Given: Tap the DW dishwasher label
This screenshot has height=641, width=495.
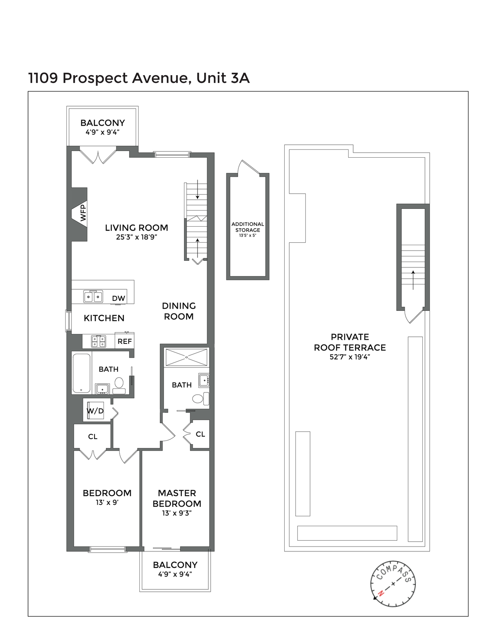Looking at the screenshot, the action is point(118,298).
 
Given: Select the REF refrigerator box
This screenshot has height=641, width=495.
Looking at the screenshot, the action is point(125,341).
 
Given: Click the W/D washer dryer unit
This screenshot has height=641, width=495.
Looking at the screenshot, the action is point(95,411).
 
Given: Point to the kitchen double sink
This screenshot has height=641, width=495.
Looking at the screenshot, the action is point(93,296).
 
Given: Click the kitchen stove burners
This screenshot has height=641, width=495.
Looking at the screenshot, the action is point(99,341).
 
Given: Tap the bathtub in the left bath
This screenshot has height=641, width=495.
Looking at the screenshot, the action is point(81,373).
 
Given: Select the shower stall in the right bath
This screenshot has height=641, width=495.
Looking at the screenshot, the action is point(186,357).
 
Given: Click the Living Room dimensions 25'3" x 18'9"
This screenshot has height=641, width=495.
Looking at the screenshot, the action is point(137,237).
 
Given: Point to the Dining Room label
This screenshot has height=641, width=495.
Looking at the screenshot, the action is point(179,311).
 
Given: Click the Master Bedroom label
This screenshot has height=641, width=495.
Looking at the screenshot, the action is point(177,498).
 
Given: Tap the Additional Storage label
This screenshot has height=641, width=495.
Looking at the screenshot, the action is point(247,227).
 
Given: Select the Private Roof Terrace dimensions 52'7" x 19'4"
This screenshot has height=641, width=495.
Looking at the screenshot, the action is point(350,357).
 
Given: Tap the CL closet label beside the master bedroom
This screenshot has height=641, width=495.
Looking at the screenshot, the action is point(200,434).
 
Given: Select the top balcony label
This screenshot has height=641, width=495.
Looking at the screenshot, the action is point(103,123).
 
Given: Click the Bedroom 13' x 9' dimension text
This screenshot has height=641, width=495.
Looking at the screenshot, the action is point(107,503).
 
